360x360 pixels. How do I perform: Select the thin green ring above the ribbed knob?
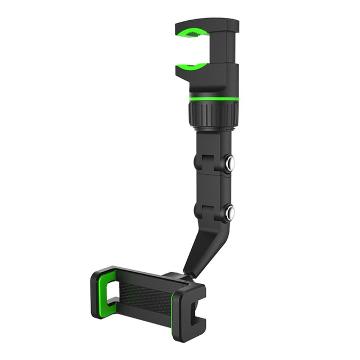pos(213,98)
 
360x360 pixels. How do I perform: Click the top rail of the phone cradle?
pos(141,276)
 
